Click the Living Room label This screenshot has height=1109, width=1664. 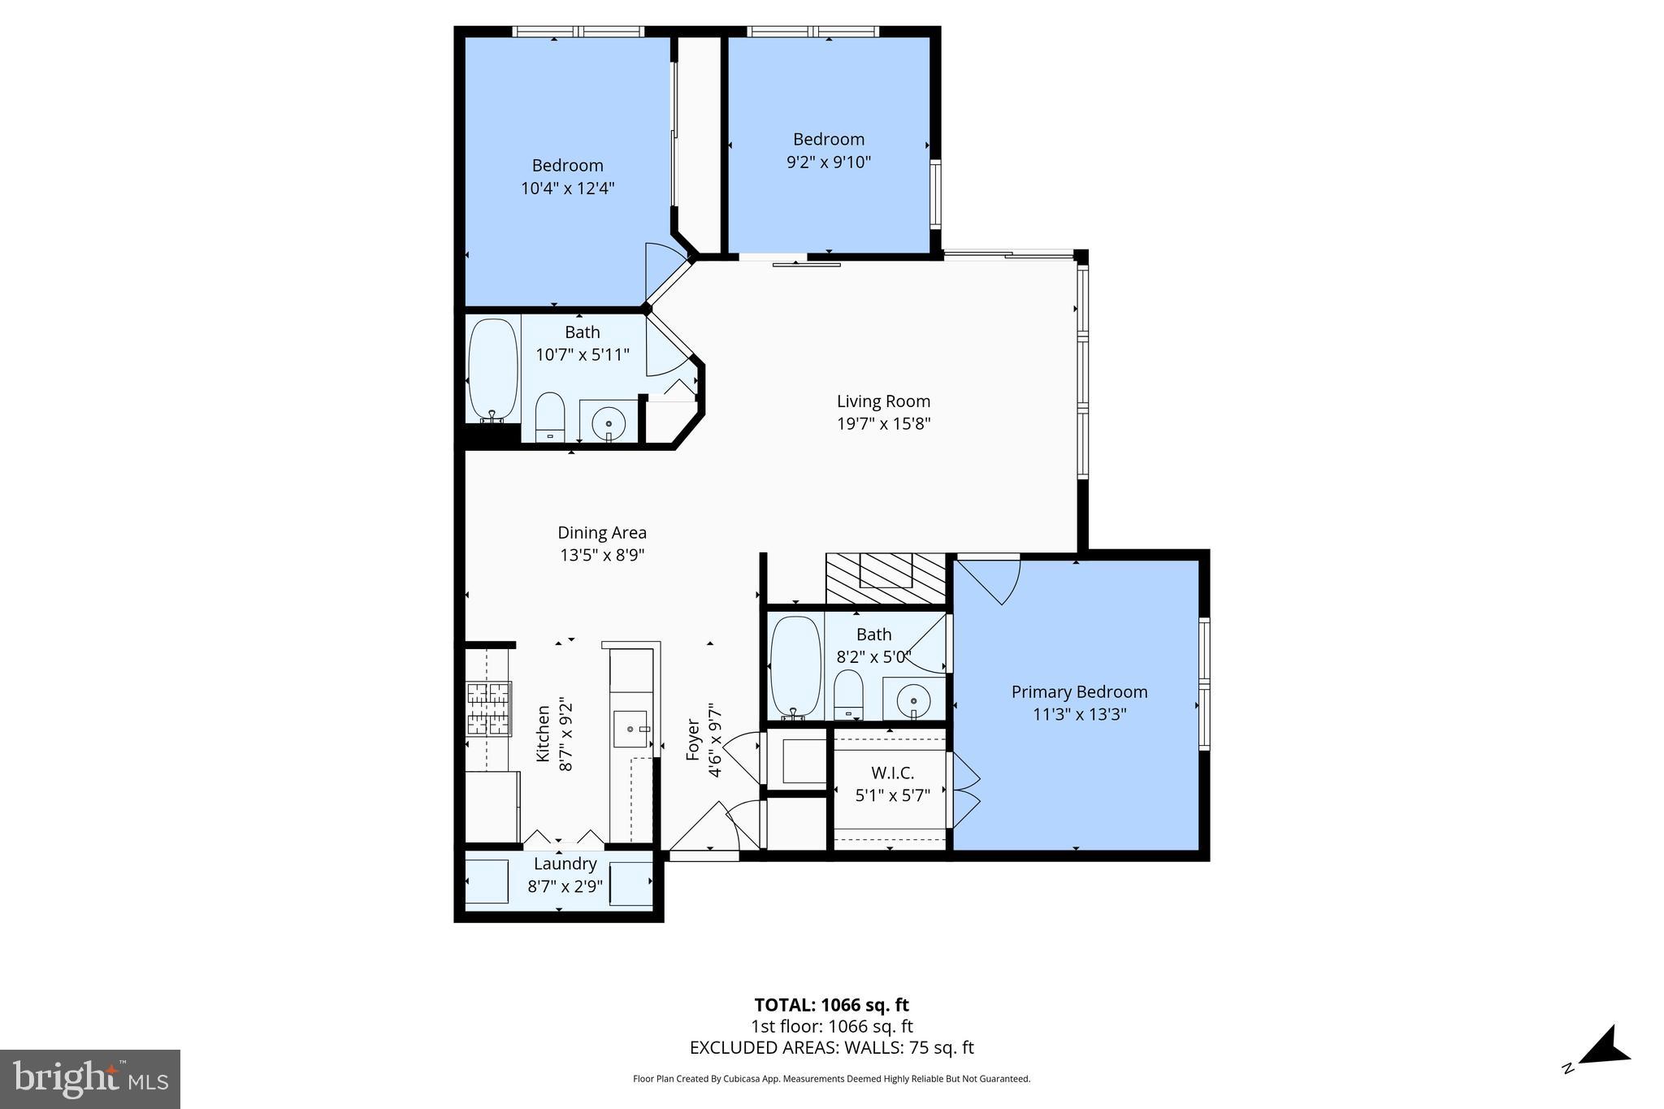tap(883, 401)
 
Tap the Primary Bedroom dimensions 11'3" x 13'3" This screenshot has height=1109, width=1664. tap(1079, 715)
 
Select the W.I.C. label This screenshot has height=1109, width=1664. tap(892, 773)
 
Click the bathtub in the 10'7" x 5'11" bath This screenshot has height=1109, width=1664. tap(493, 370)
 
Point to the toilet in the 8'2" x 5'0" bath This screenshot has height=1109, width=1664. tap(848, 695)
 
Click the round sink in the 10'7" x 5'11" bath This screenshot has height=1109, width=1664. tap(609, 423)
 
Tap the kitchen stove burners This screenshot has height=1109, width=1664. tap(488, 708)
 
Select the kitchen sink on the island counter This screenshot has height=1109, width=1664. tap(630, 729)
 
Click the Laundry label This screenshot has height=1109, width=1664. tap(565, 864)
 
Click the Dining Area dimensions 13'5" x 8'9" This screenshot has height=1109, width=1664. tap(602, 556)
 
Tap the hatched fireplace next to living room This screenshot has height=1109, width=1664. tap(886, 578)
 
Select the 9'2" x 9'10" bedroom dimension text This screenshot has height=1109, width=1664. tap(828, 162)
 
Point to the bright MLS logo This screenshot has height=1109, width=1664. tap(90, 1079)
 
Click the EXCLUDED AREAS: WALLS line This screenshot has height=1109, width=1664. tap(831, 1048)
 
